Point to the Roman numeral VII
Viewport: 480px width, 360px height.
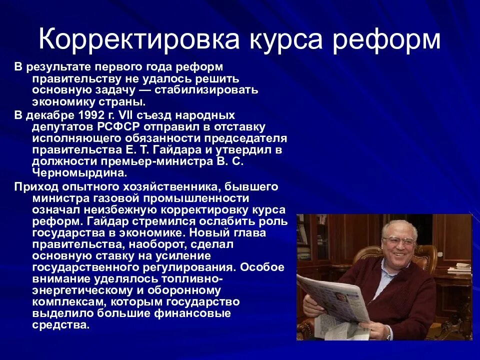(137, 115)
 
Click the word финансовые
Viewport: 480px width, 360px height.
(192, 313)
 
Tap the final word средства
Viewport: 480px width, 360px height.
(60, 325)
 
